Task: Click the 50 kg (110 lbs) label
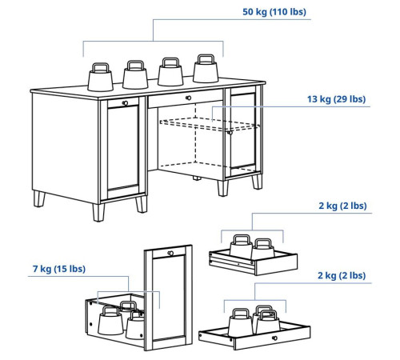pyautogui.click(x=274, y=12)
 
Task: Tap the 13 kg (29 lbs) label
pyautogui.click(x=336, y=99)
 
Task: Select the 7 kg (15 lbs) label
pyautogui.click(x=59, y=269)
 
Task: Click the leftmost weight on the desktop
pyautogui.click(x=100, y=78)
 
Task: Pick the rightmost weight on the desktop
pyautogui.click(x=206, y=69)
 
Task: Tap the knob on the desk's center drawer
pyautogui.click(x=188, y=98)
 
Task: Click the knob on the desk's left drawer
pyautogui.click(x=125, y=103)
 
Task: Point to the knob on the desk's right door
pyautogui.click(x=230, y=132)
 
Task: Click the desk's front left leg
pyautogui.click(x=98, y=213)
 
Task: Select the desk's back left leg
pyautogui.click(x=39, y=198)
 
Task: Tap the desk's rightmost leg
pyautogui.click(x=258, y=182)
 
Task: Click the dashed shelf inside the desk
pyautogui.click(x=210, y=125)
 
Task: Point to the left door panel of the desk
pyautogui.click(x=123, y=149)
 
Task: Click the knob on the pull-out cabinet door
pyautogui.click(x=170, y=253)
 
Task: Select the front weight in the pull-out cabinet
pyautogui.click(x=110, y=321)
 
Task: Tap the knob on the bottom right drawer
pyautogui.click(x=274, y=338)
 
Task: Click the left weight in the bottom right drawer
pyautogui.click(x=241, y=322)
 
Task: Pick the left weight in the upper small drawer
pyautogui.click(x=241, y=246)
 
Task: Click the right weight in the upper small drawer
pyautogui.click(x=262, y=249)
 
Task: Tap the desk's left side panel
pyautogui.click(x=66, y=147)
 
